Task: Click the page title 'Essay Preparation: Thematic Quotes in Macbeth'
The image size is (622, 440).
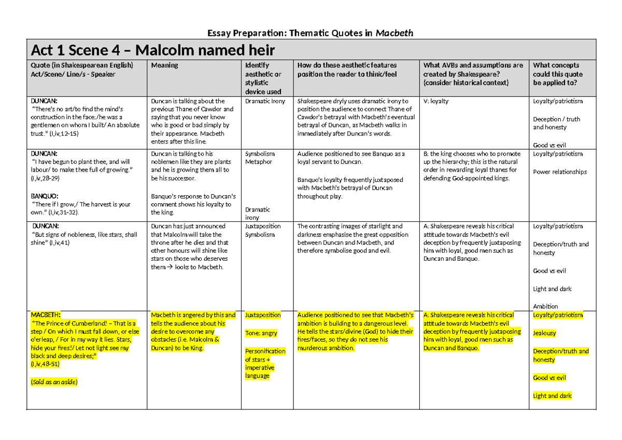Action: (310, 33)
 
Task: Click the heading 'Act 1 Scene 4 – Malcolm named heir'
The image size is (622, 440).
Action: (152, 50)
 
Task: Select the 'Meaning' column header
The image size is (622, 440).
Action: (164, 65)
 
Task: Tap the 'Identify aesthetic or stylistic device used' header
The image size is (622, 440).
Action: (263, 78)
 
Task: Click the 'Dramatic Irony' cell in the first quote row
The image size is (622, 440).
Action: (265, 101)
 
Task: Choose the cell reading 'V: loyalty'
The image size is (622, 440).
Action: (436, 101)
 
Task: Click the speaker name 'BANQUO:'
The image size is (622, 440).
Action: (45, 196)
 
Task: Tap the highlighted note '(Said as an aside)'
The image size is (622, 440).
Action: (54, 382)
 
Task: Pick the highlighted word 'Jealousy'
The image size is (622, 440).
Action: (544, 333)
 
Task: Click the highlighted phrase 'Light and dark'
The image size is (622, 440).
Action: (552, 396)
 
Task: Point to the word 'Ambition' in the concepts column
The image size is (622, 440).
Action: (545, 306)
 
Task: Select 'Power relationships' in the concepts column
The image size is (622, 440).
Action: (560, 172)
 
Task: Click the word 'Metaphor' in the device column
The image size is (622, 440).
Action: (258, 162)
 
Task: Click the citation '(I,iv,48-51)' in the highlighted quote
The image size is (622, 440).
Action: (46, 364)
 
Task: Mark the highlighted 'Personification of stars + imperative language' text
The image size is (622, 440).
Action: (265, 363)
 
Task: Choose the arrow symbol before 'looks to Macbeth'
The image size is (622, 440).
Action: (169, 267)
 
